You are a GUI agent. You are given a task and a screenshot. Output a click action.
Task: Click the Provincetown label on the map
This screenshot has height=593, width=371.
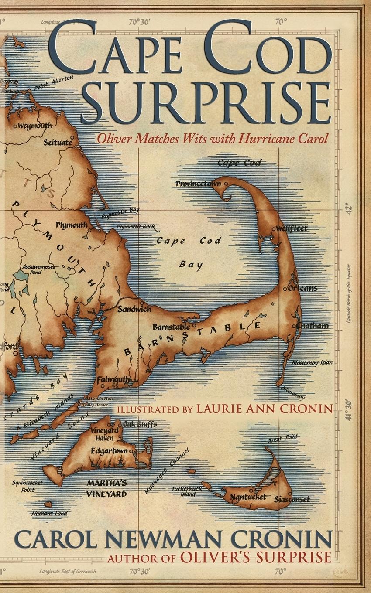(x=198, y=184)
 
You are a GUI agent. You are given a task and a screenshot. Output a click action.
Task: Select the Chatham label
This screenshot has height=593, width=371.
(x=312, y=326)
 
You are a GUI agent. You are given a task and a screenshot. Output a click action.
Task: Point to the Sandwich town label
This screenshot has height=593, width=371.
(x=134, y=309)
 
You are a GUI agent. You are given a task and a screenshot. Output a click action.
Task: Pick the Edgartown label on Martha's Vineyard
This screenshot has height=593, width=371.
(x=109, y=451)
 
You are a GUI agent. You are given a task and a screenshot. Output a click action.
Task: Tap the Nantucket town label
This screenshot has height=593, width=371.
(x=247, y=497)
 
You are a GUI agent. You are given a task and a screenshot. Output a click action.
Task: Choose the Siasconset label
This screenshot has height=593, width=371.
(x=292, y=499)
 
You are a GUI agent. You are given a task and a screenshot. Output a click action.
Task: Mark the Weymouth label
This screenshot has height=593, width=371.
(x=35, y=126)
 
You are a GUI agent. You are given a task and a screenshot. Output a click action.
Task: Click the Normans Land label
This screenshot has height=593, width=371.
(x=49, y=514)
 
